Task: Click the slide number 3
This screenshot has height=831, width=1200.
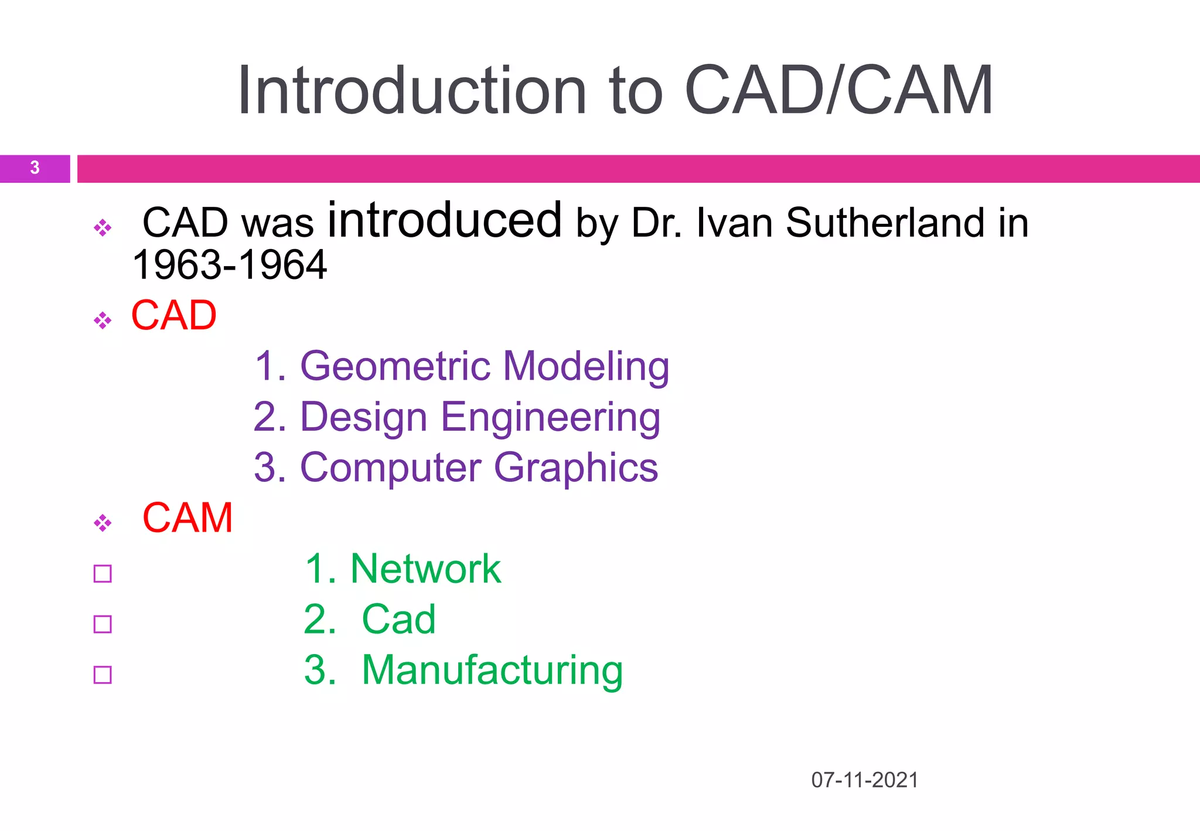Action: pos(35,168)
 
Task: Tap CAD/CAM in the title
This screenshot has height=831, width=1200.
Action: pos(838,91)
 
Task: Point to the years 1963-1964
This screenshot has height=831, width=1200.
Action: pos(230,265)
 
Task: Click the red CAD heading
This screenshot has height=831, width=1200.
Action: pos(174,315)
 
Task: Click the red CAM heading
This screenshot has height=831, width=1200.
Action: pos(187,518)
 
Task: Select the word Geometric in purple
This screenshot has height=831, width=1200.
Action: pos(395,366)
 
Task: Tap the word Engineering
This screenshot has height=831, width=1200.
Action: pos(550,417)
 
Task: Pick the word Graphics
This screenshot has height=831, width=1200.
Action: pos(576,468)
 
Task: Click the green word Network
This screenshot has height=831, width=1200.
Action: pos(425,569)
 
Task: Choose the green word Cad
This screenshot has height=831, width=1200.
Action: pos(398,619)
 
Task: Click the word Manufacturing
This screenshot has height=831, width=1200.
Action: pos(492,670)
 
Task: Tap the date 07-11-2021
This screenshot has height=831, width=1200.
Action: pos(864,780)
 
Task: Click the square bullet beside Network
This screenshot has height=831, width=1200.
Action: pos(103,574)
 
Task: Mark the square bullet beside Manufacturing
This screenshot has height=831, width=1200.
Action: pos(103,675)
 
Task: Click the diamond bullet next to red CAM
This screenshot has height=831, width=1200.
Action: pos(103,523)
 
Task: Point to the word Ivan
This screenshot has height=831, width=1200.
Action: pos(734,223)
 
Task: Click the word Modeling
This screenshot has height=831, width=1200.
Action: pos(586,366)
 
